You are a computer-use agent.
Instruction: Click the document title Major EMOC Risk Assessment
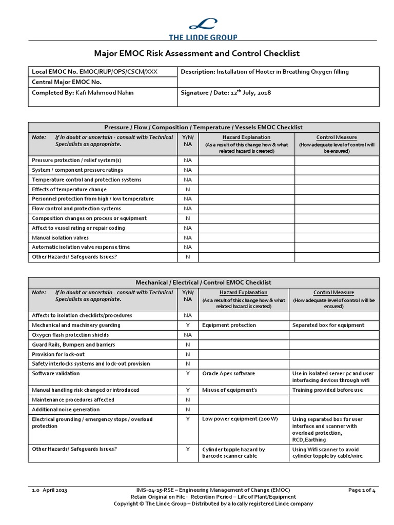click(197, 53)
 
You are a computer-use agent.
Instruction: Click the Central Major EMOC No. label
click(67, 82)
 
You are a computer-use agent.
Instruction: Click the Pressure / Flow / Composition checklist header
click(204, 127)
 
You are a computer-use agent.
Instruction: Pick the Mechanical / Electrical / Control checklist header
click(204, 282)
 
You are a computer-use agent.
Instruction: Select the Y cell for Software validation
click(188, 373)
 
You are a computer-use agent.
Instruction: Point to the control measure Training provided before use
click(327, 390)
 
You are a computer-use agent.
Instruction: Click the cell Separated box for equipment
click(328, 325)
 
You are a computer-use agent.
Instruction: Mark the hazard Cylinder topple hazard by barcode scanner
click(233, 453)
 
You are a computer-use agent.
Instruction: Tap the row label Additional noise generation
click(66, 409)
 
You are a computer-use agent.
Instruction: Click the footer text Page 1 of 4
click(362, 490)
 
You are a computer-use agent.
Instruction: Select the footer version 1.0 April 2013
click(49, 490)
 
